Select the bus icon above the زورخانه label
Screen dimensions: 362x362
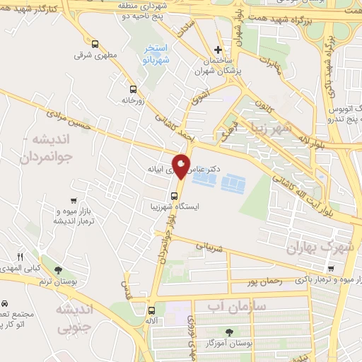tap(133, 89)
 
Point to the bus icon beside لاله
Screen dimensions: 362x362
tap(151, 310)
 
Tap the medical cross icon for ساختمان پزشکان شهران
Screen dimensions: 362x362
tap(218, 49)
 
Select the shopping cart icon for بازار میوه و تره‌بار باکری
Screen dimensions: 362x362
tap(331, 268)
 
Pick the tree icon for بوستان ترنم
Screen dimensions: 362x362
tap(58, 269)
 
